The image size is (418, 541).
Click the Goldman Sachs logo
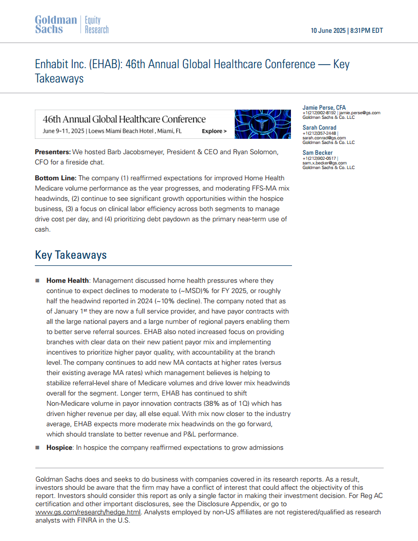point(56,25)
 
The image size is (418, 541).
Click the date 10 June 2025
point(328,31)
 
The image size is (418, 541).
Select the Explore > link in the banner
point(214,131)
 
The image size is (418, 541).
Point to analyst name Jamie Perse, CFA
point(324,108)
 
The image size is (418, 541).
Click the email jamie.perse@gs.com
point(360,113)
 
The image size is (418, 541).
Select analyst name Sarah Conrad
point(319,128)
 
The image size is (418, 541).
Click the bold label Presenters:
point(53,152)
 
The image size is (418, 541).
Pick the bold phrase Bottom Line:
point(55,178)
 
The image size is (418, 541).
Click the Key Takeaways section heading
point(71,255)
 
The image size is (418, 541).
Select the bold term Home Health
point(68,281)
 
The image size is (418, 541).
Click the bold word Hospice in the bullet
point(59,447)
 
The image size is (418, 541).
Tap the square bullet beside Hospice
point(37,447)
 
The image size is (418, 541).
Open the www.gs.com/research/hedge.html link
point(81,512)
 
